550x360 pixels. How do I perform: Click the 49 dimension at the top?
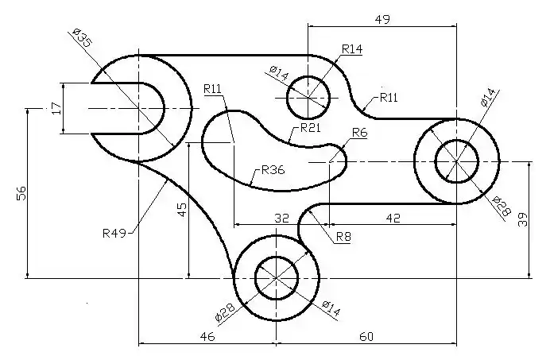click(382, 19)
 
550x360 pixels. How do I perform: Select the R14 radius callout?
click(351, 49)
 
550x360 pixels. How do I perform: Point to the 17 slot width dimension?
click(55, 108)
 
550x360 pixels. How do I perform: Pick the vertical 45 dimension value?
click(181, 210)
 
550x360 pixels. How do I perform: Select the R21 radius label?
click(310, 128)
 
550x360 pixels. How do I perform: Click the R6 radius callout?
click(359, 134)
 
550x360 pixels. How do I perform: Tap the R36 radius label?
click(273, 169)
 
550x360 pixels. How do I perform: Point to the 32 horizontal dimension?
click(281, 217)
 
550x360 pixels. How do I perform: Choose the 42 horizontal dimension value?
click(393, 217)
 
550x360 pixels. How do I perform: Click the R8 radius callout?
click(343, 236)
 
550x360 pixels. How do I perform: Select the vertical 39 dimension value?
click(523, 219)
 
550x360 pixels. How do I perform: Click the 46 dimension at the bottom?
click(207, 337)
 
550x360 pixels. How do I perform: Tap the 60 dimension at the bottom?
click(366, 337)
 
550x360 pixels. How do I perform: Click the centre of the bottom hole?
click(276, 279)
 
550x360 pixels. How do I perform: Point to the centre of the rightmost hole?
click(457, 161)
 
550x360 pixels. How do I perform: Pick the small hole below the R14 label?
click(308, 97)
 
